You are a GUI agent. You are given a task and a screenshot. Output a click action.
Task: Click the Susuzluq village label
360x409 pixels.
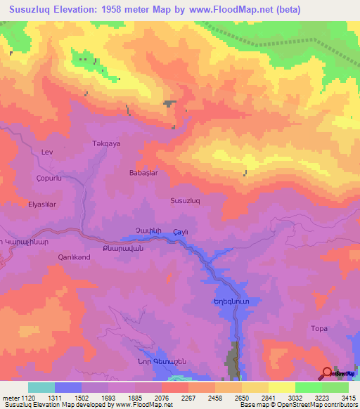coord(186,200)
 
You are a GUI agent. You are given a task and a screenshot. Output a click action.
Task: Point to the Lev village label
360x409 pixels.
coord(48,152)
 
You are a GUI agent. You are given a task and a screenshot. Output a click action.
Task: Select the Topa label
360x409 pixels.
coord(319,328)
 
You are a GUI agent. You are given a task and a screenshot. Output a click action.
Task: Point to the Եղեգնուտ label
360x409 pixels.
coord(212,301)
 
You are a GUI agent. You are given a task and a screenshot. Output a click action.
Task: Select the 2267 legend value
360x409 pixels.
coord(188,397)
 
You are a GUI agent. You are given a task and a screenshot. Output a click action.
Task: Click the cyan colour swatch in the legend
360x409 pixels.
coord(41,387)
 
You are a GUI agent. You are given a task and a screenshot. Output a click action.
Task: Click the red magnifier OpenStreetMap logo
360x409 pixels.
coord(327,373)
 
